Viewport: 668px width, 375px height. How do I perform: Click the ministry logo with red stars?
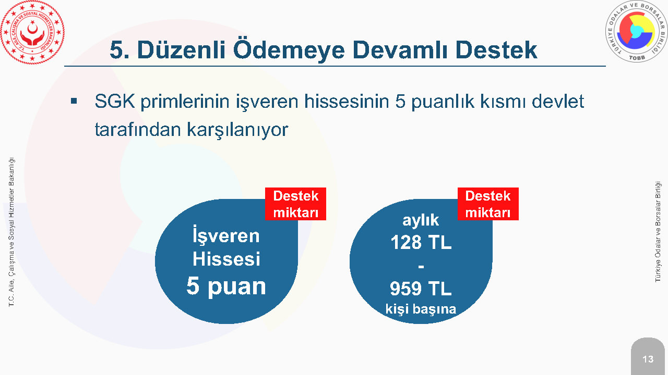pos(32,32)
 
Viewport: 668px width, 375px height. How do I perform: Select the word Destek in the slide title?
pos(496,50)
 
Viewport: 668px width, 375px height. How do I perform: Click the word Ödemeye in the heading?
pos(289,50)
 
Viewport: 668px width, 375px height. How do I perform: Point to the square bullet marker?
pos(74,101)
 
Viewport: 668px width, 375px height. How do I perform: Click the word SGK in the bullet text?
pos(114,101)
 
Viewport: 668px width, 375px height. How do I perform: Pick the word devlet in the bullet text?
pos(558,101)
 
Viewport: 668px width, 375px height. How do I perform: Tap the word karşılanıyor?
pos(237,130)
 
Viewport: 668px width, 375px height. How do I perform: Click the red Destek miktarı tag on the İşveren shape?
pos(295,204)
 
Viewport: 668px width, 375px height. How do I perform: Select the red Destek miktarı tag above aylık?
pos(488,204)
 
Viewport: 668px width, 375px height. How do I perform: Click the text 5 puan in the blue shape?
pos(226,286)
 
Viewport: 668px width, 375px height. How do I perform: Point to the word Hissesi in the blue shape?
pos(226,259)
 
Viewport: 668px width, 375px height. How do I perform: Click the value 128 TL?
pos(421,242)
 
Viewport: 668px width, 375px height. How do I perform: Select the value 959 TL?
pos(421,289)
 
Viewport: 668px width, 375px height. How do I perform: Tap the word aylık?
pos(421,220)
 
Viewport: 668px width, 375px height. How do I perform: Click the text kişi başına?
pos(421,309)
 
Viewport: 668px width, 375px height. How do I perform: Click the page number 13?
pos(648,359)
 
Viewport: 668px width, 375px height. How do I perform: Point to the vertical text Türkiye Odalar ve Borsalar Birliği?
pos(658,232)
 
